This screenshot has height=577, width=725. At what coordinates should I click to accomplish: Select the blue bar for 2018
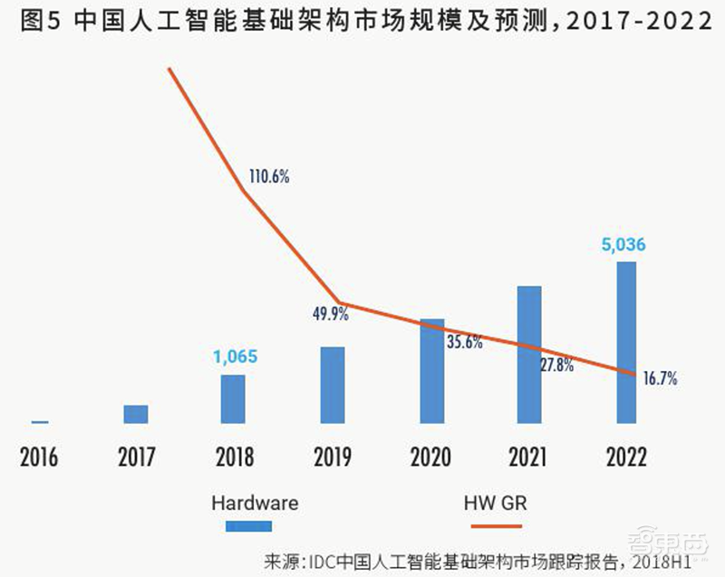coord(233,398)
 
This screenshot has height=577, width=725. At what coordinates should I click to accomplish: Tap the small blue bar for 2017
coord(136,414)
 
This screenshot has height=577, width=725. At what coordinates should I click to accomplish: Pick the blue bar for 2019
coord(333,385)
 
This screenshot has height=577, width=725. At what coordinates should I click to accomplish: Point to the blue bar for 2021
coord(529,354)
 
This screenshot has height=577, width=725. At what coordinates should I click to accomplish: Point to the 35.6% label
coord(464,342)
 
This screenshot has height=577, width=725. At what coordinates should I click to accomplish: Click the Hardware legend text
coord(255,502)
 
